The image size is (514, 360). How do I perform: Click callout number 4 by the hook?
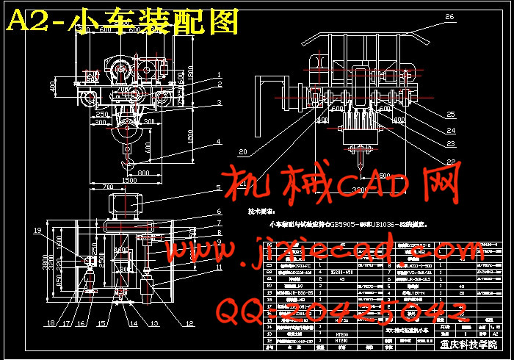[x=218, y=140]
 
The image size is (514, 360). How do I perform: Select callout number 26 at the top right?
[x=449, y=16]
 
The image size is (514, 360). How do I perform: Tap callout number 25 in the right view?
[x=450, y=113]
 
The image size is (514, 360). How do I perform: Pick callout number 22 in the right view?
[x=450, y=162]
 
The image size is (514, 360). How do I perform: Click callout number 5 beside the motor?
[x=218, y=188]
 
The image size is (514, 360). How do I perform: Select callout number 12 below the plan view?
[x=190, y=323]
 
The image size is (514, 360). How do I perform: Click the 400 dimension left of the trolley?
[x=52, y=86]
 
